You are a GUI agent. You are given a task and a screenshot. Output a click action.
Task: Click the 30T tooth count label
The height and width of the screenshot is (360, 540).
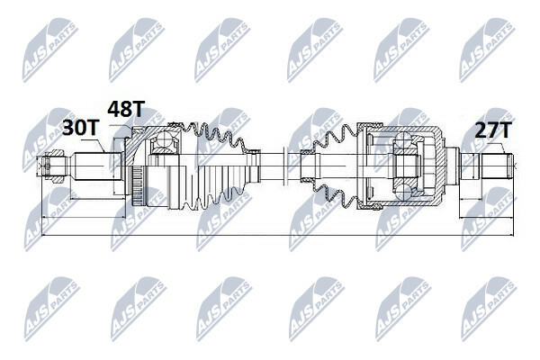tap(81, 128)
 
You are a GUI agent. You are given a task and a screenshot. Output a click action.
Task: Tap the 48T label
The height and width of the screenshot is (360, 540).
tap(126, 109)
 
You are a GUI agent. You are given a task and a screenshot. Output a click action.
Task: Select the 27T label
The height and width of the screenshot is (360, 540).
tap(492, 130)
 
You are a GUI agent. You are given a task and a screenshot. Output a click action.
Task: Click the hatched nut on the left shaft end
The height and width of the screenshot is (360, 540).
tap(55, 166)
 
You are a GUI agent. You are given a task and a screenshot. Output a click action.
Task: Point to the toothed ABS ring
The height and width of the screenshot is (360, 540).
tap(137, 185)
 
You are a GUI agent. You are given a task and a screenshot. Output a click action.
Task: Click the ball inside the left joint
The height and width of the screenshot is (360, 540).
tap(164, 139)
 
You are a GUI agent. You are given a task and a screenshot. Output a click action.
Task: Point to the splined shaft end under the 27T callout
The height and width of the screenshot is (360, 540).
tap(498, 166)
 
